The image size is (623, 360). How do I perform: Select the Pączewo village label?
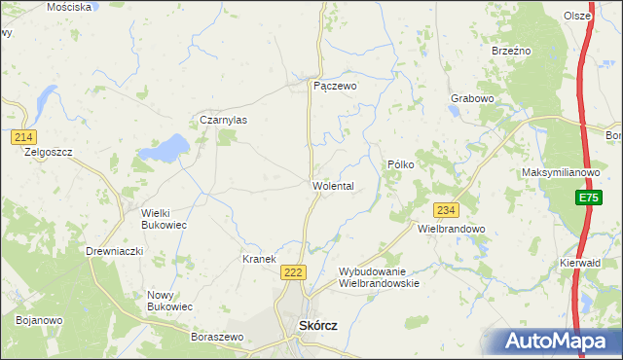(x=335, y=86)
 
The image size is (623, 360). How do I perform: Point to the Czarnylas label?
(x=224, y=120)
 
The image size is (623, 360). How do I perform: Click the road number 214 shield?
(x=25, y=137)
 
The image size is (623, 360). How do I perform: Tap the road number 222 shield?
(x=293, y=273)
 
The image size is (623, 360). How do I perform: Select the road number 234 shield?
(x=447, y=210)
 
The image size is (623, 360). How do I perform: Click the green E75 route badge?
(x=587, y=198)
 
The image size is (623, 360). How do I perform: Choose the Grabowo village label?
(x=474, y=98)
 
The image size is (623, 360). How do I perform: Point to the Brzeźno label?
(x=510, y=50)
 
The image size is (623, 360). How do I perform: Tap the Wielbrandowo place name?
(x=451, y=230)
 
